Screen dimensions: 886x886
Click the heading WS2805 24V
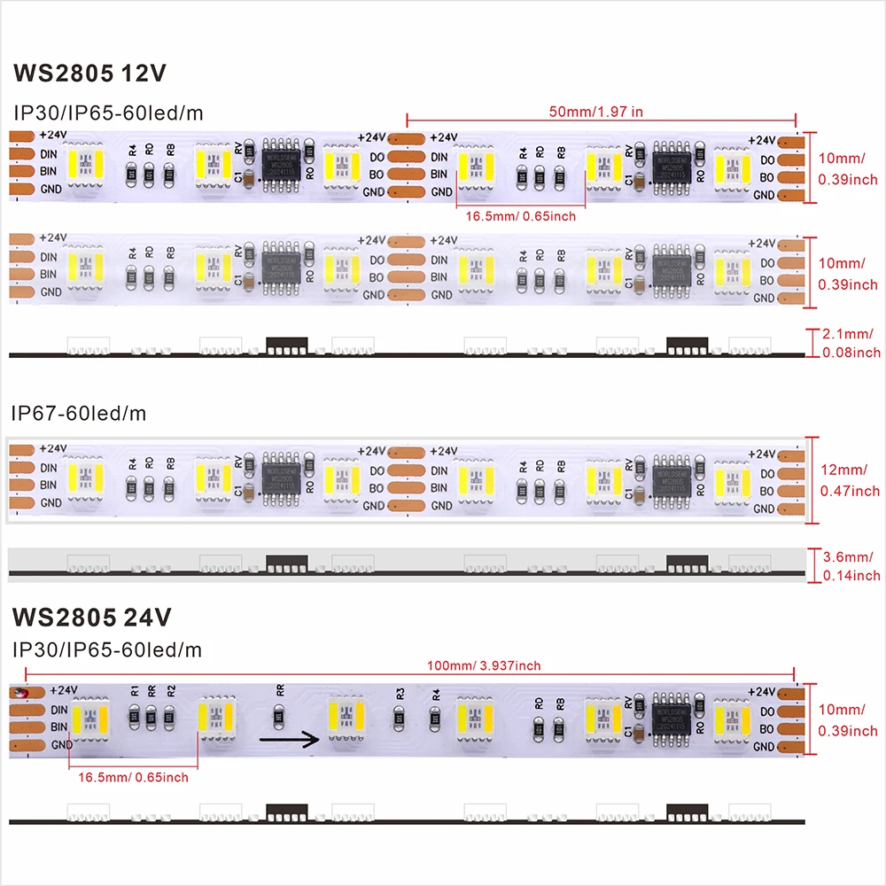[x=92, y=616]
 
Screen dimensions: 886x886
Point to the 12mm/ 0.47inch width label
[x=850, y=479]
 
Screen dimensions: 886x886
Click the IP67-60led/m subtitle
[x=78, y=413]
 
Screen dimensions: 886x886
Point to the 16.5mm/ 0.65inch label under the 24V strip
[x=133, y=778]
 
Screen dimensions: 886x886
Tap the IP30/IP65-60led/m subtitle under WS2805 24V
[x=106, y=650]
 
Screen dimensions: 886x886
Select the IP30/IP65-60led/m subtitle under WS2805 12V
[x=106, y=112]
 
